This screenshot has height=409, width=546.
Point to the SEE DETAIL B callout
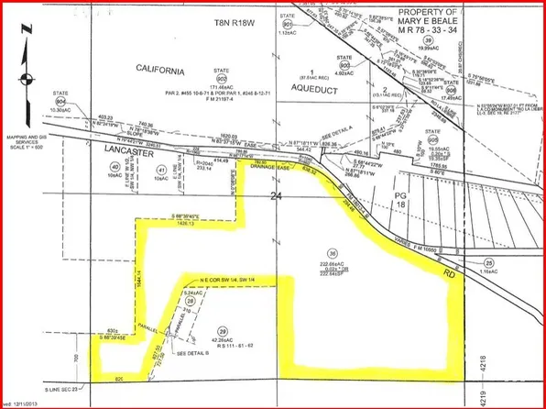tap(188, 350)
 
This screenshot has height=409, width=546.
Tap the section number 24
tap(277, 195)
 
